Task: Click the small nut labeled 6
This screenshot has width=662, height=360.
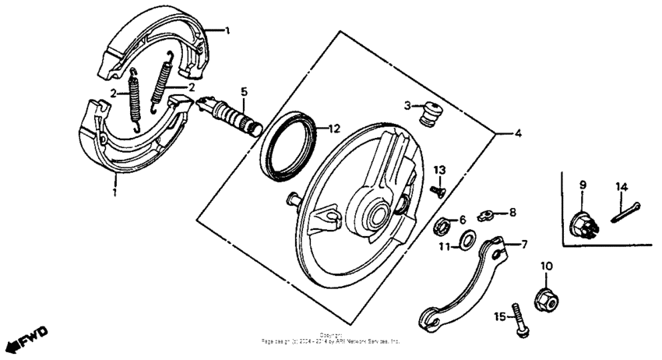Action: [x=441, y=225]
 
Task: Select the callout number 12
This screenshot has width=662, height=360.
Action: [x=333, y=129]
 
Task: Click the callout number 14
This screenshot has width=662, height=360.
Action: [x=621, y=186]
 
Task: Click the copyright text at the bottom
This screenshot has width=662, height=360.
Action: [x=331, y=339]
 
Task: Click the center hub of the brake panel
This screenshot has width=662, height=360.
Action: [x=379, y=210]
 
